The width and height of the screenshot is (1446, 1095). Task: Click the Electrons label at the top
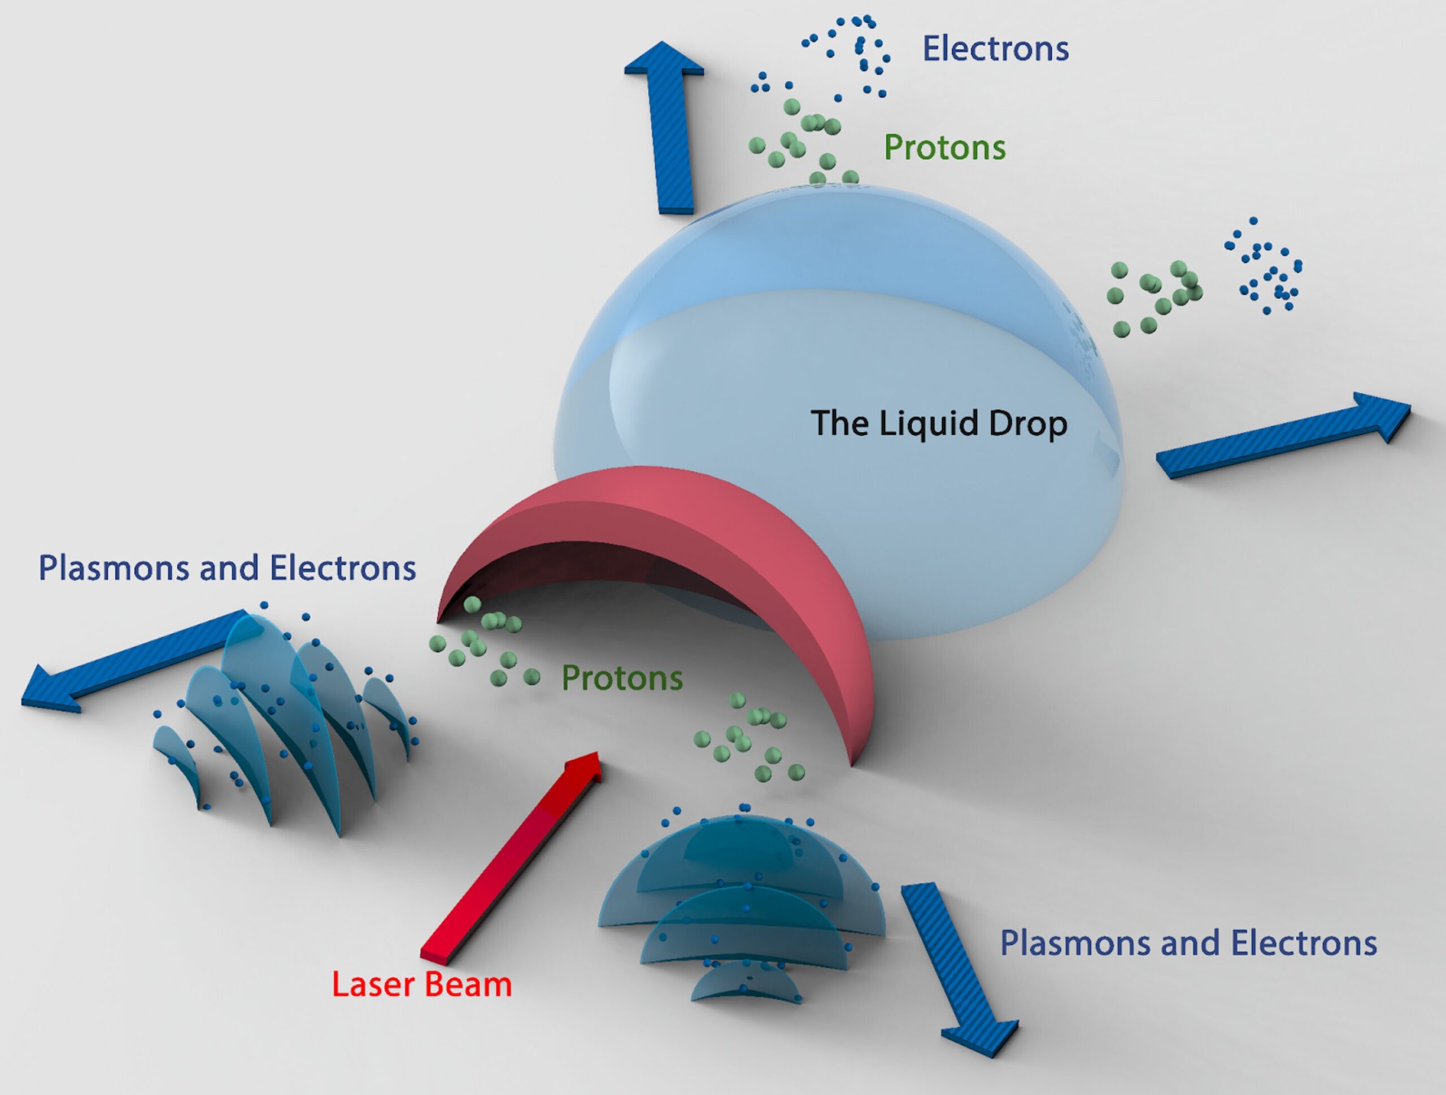point(995,49)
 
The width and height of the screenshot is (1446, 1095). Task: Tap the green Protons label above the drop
point(944,148)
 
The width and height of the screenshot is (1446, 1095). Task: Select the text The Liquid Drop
point(939,423)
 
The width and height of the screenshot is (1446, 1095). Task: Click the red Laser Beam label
point(421,984)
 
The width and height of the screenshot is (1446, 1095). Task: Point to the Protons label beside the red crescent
point(622,678)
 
